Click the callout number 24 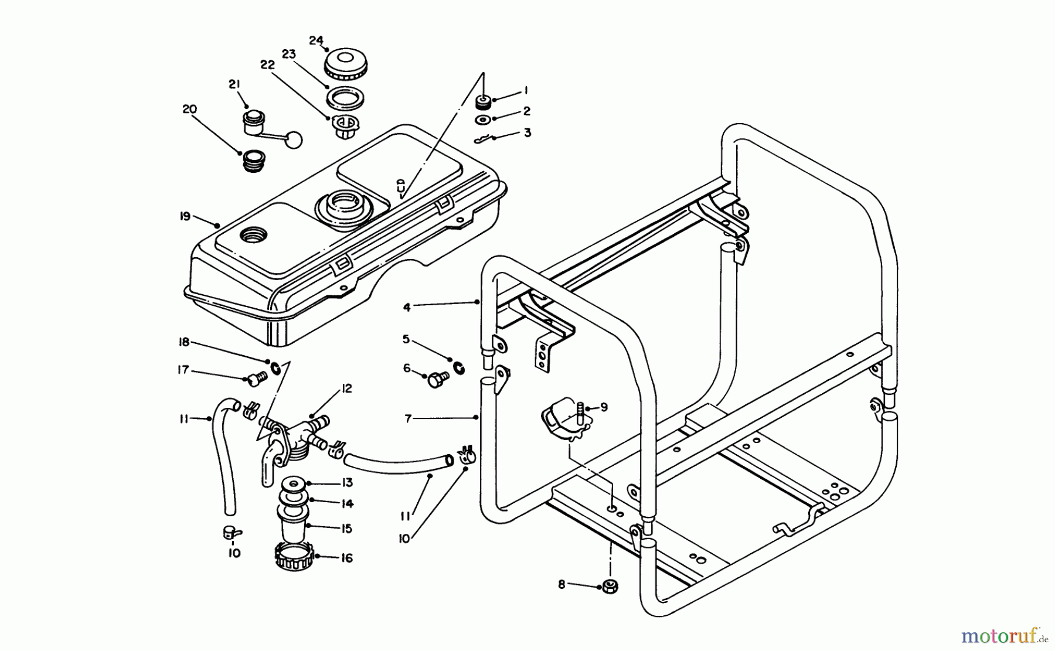pos(316,40)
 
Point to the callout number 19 pos(185,216)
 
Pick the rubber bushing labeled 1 pos(484,103)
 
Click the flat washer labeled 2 pos(484,120)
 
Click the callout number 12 pos(347,388)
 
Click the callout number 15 pos(347,529)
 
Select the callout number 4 pos(407,306)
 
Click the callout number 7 pos(409,418)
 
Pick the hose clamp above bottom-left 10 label pos(232,532)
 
